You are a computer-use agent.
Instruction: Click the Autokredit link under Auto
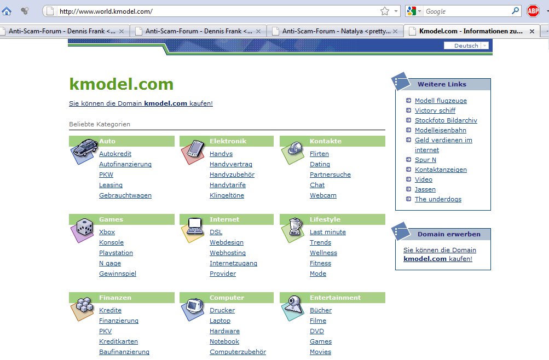coord(115,154)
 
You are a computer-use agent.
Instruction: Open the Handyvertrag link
coord(231,164)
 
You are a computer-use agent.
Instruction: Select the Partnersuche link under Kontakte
coord(330,175)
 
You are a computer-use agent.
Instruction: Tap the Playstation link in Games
coord(116,253)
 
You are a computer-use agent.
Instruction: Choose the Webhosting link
coord(228,253)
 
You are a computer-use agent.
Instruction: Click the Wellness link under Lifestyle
coord(323,253)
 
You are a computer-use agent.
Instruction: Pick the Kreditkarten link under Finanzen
coord(118,341)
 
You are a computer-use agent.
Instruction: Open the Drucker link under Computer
coord(222,310)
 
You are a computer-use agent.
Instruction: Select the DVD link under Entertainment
coord(317,331)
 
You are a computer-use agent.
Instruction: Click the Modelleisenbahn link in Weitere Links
coord(441,130)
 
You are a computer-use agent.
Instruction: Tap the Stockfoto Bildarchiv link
coord(446,120)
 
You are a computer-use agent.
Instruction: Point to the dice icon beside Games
coord(82,229)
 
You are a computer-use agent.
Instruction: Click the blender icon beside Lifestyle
coord(293,229)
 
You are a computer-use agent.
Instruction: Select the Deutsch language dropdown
coord(466,45)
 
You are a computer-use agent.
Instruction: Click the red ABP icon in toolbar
coord(533,11)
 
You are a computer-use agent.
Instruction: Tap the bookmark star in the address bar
coord(385,11)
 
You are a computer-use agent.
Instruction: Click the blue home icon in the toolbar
coord(7,11)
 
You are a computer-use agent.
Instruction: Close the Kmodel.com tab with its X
coord(532,32)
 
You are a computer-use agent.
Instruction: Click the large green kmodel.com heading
coord(121,84)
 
